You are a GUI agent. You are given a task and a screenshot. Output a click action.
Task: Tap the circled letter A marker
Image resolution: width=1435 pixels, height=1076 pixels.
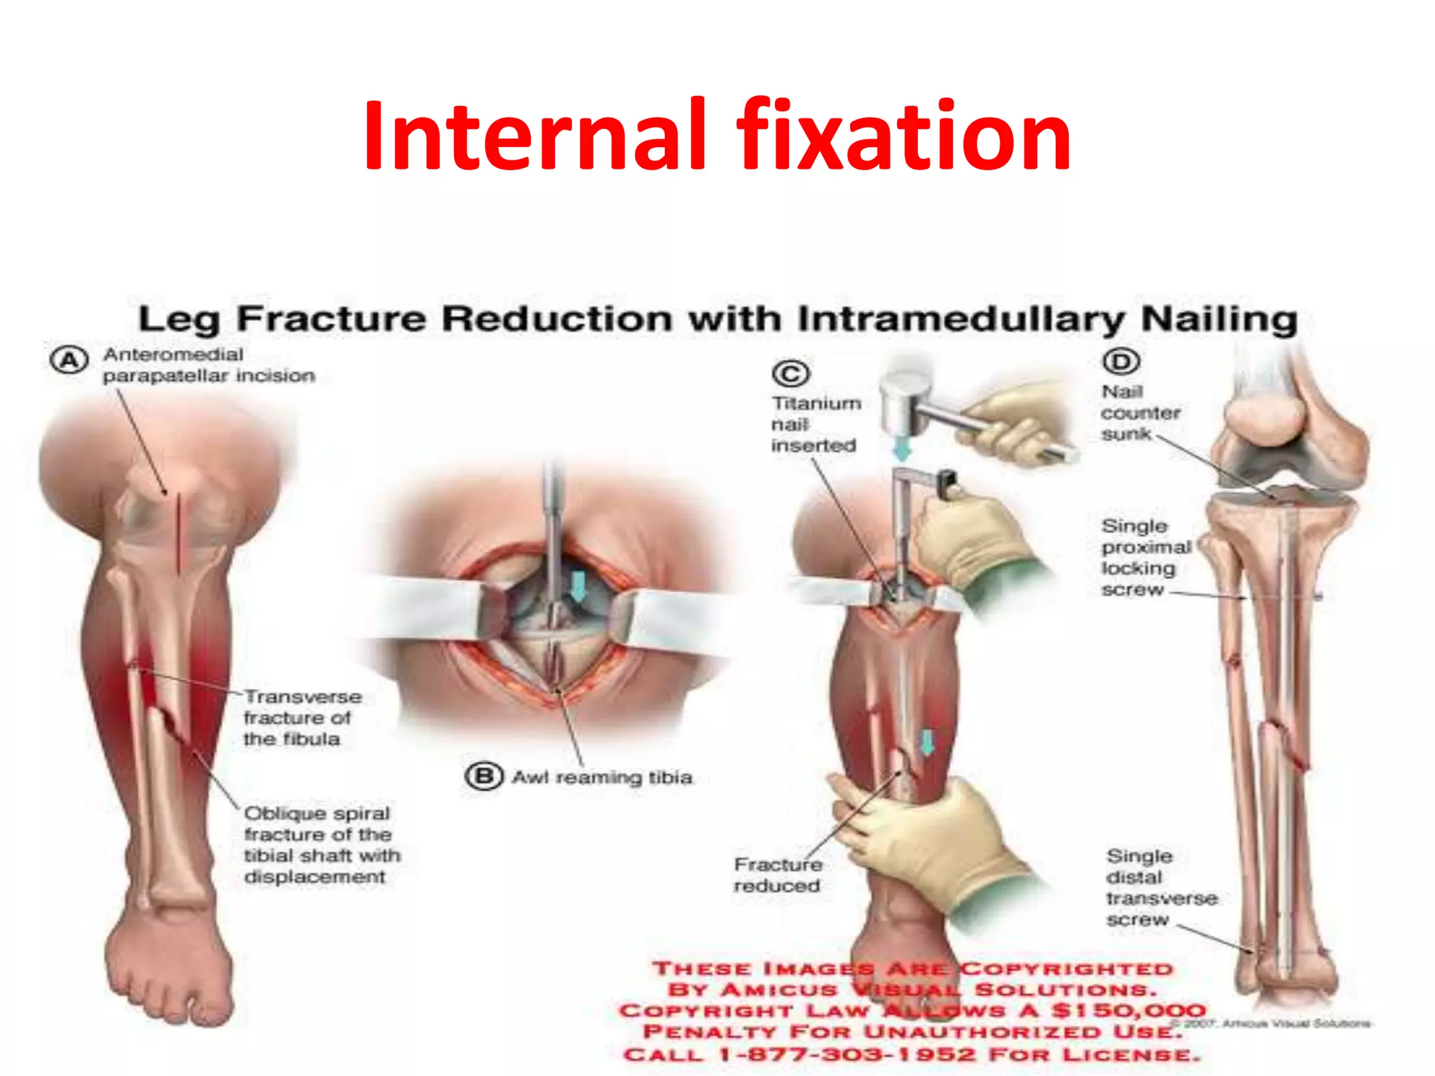tap(69, 361)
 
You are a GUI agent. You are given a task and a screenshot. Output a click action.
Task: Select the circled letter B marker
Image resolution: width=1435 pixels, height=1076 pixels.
tap(484, 776)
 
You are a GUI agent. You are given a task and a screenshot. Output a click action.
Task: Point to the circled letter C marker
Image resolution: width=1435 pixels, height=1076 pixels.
tap(790, 373)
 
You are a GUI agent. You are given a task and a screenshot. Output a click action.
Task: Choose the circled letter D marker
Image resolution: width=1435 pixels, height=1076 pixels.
tap(1122, 361)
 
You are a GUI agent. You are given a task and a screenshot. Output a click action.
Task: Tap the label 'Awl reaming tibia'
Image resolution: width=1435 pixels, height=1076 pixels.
tap(602, 778)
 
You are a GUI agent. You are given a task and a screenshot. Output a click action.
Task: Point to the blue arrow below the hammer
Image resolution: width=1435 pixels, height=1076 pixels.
tap(903, 448)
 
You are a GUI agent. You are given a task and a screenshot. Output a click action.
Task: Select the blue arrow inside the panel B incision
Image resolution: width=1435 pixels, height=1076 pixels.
tap(579, 586)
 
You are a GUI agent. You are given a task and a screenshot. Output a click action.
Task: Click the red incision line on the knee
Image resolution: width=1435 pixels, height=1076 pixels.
tap(179, 532)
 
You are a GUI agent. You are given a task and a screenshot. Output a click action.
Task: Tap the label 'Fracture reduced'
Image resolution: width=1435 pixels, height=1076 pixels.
tap(778, 875)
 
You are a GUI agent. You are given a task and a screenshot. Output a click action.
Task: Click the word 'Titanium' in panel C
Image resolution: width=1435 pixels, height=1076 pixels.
tap(816, 403)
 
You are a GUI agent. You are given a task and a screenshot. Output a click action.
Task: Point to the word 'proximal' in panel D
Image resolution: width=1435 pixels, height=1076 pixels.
tap(1146, 547)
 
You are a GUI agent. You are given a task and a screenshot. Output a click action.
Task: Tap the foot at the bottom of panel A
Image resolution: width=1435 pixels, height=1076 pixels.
tap(168, 967)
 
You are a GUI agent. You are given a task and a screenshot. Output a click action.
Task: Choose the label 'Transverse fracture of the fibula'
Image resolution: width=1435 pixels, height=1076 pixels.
tap(302, 718)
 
